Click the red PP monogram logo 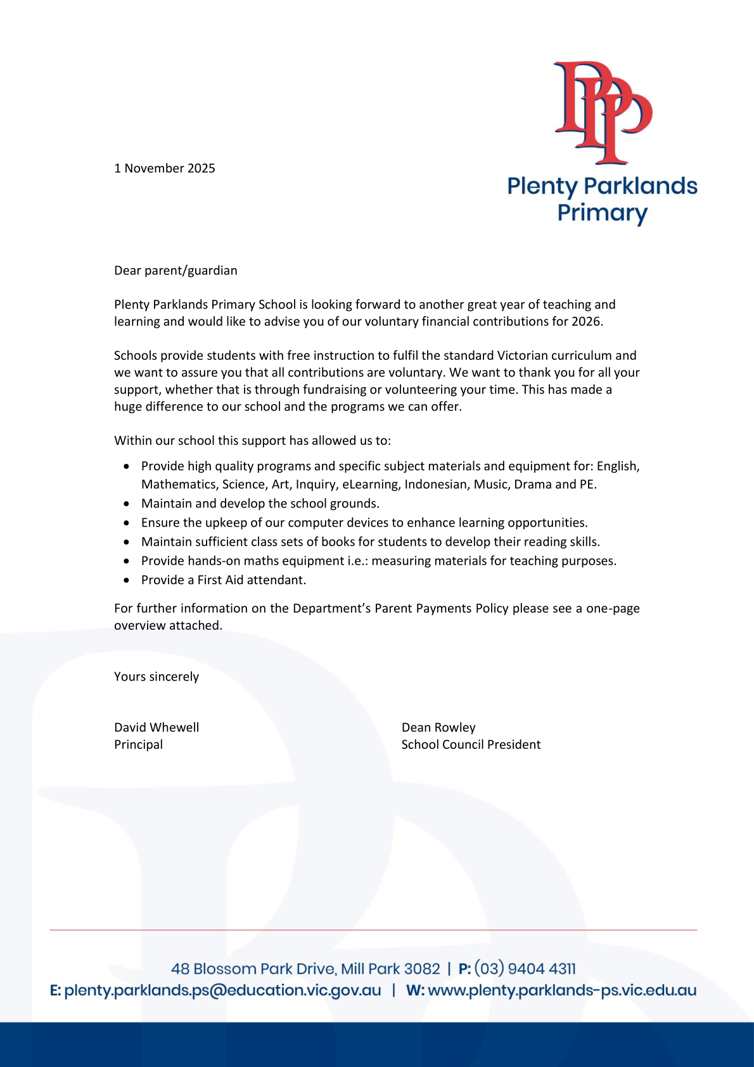click(602, 112)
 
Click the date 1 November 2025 click(165, 168)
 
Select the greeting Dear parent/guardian click(176, 271)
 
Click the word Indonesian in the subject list click(437, 484)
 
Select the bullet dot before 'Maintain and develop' click(127, 504)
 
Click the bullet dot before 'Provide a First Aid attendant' click(127, 580)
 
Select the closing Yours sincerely click(157, 677)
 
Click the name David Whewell click(157, 727)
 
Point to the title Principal click(138, 744)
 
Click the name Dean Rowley click(438, 727)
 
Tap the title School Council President click(471, 744)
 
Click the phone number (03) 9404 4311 click(525, 969)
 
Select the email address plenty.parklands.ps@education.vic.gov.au click(222, 990)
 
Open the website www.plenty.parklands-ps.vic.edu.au click(562, 990)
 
